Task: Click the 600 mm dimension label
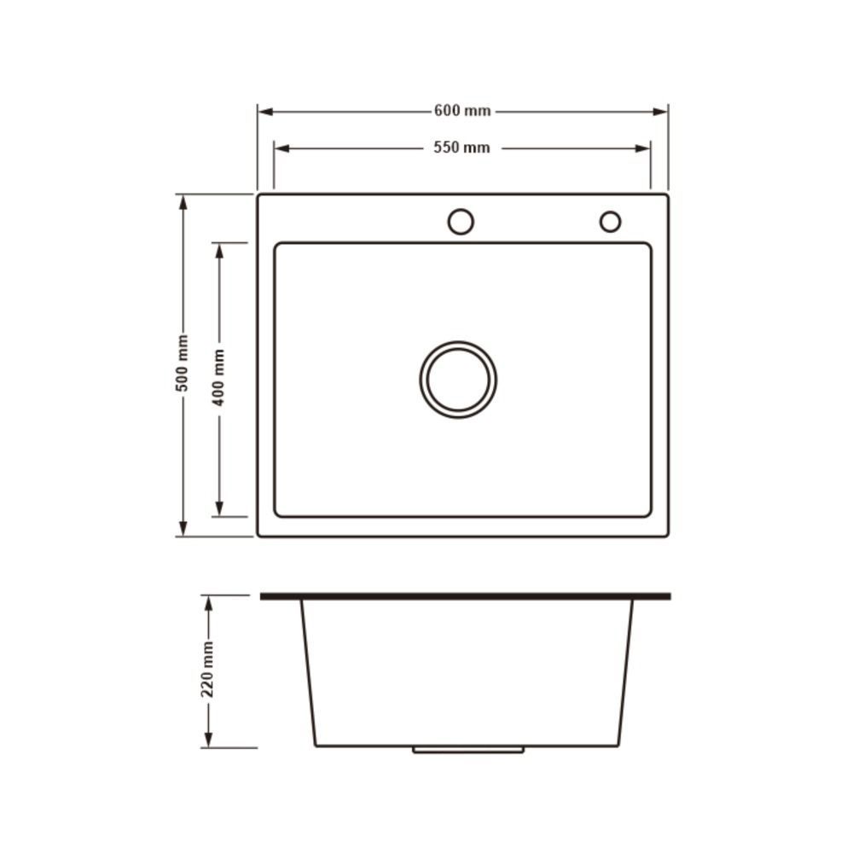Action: pyautogui.click(x=462, y=111)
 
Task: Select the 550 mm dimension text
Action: pyautogui.click(x=461, y=148)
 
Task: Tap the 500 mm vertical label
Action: pyautogui.click(x=183, y=363)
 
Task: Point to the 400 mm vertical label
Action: pyautogui.click(x=218, y=378)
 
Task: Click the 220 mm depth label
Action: pyautogui.click(x=207, y=670)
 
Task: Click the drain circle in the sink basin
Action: pyautogui.click(x=458, y=342)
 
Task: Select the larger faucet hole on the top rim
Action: pyautogui.click(x=461, y=209)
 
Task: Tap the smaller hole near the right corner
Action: pyautogui.click(x=611, y=211)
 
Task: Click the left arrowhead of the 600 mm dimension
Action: pyautogui.click(x=265, y=112)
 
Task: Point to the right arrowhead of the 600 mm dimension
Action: pyautogui.click(x=660, y=112)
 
